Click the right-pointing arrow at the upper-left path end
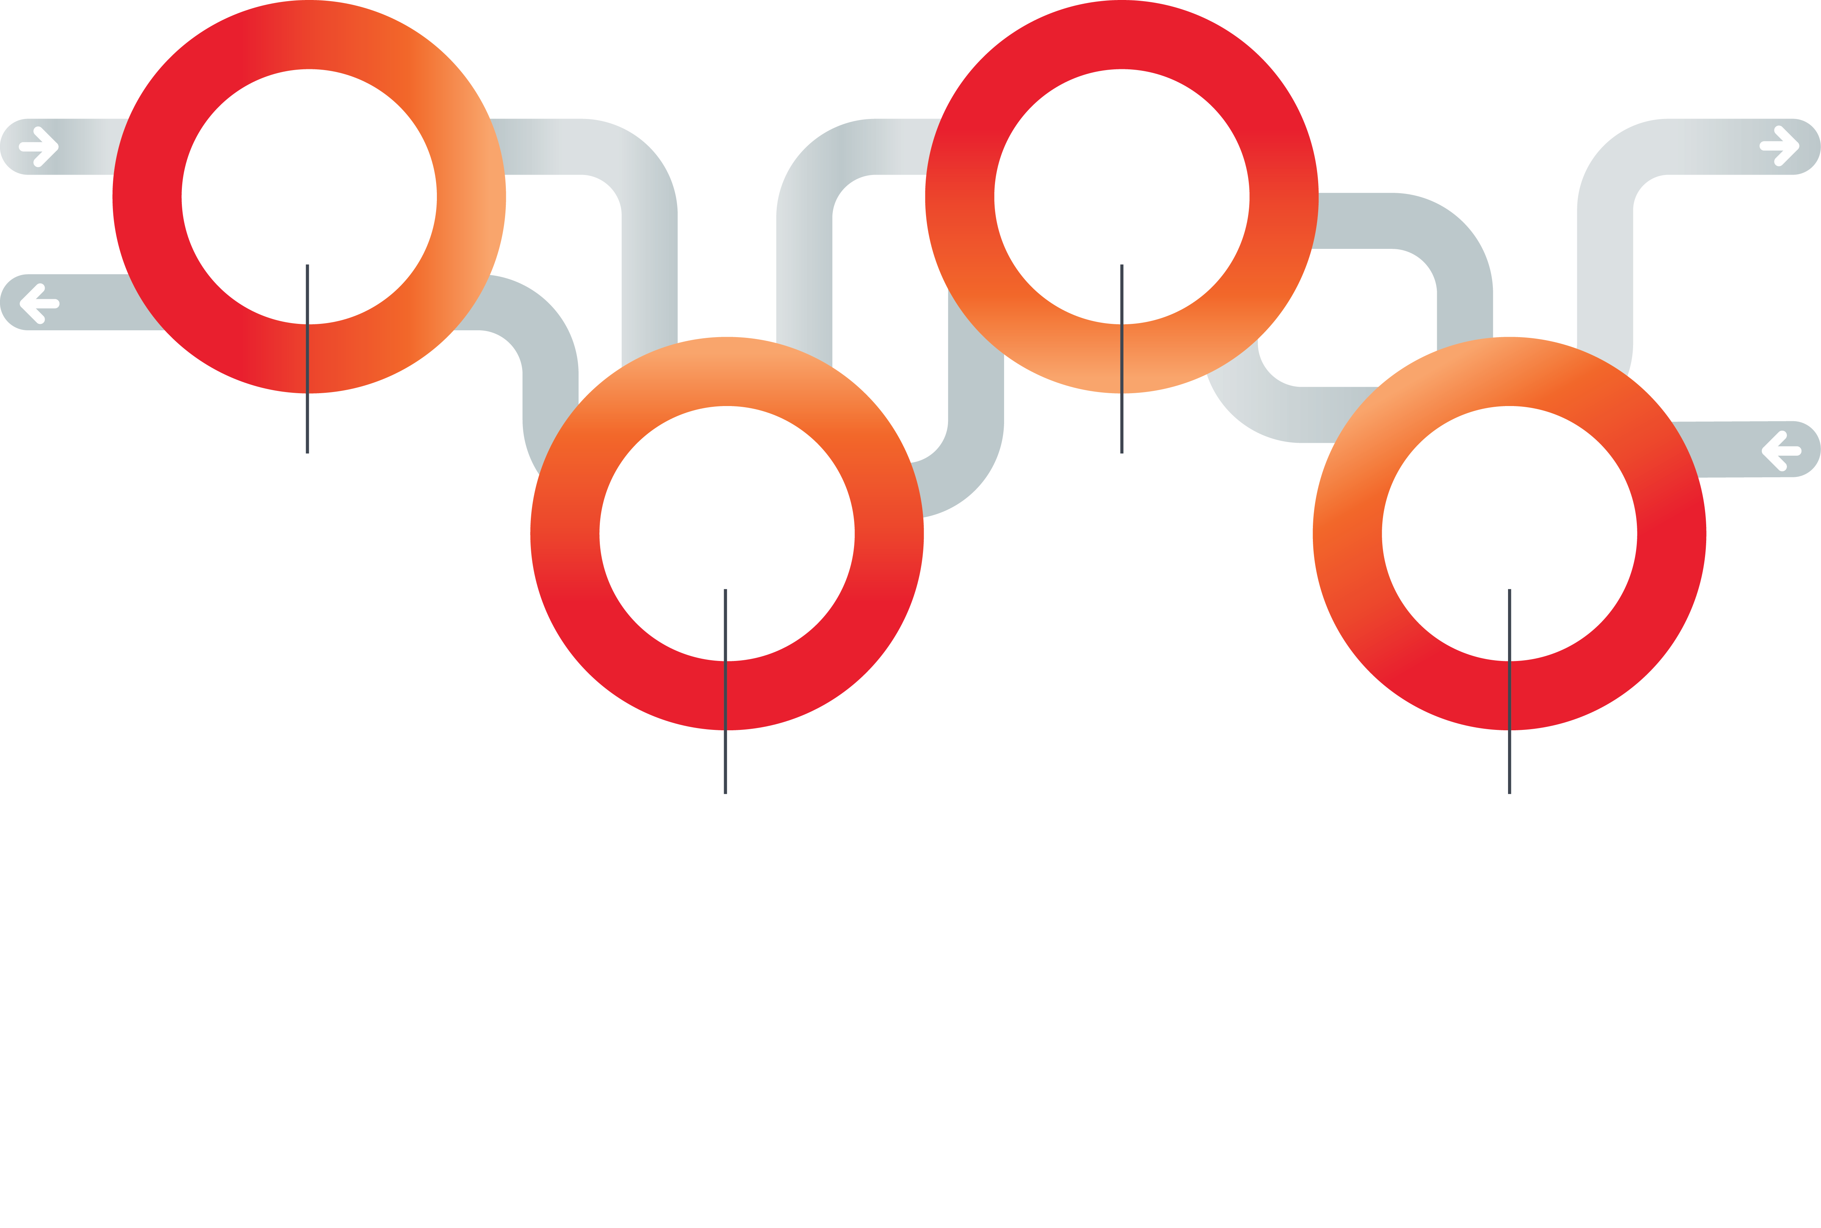(39, 147)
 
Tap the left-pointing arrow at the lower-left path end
(39, 303)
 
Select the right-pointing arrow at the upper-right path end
(1779, 146)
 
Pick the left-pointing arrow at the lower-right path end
(1781, 450)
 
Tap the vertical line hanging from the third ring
(1122, 423)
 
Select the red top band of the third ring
(1122, 35)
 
